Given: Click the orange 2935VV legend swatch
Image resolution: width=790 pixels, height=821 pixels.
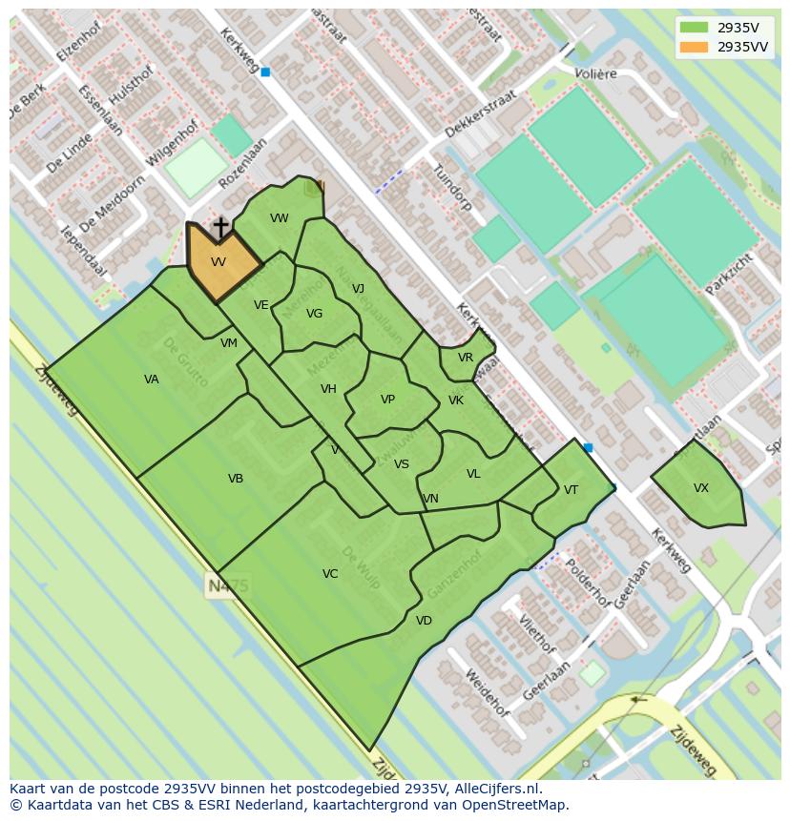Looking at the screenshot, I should tap(695, 47).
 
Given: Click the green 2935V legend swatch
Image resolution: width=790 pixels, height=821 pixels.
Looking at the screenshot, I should tap(695, 28).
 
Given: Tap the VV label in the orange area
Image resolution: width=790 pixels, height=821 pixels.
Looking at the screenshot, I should tap(218, 262).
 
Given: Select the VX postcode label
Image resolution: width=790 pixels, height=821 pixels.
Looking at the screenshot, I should tap(701, 488).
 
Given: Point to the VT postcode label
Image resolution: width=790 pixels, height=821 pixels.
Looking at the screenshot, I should tap(571, 490).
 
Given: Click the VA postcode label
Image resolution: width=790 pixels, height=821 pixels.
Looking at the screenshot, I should tap(152, 380).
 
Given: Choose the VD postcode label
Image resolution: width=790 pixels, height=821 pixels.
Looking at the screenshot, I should tap(424, 621).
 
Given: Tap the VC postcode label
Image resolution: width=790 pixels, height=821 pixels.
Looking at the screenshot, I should tap(330, 574).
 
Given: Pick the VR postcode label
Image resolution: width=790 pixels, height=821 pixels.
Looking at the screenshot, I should tap(465, 358).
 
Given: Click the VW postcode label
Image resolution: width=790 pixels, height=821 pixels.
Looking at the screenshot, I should tap(279, 218).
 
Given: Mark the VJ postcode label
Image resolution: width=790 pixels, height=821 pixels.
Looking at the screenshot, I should tap(358, 289).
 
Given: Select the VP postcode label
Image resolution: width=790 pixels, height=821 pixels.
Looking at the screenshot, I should tap(387, 400).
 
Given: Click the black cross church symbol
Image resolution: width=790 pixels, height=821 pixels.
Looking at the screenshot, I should tap(220, 227).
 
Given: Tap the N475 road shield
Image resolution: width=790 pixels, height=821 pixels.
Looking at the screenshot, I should tap(227, 585).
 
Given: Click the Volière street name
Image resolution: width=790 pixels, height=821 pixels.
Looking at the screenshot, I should tap(595, 73).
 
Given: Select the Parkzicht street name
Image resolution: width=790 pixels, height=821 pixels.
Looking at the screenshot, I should tap(729, 274).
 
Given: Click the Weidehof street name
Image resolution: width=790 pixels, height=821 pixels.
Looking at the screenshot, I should tap(486, 693).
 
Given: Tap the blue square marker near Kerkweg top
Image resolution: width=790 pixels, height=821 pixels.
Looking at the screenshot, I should tap(265, 72).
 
